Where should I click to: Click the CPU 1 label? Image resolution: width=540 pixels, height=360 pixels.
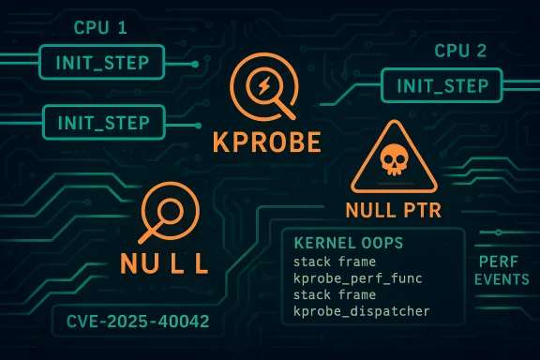tap(100, 28)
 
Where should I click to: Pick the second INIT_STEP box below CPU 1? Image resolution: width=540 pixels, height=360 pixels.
tap(103, 121)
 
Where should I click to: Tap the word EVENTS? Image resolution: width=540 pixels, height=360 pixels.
tap(500, 280)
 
